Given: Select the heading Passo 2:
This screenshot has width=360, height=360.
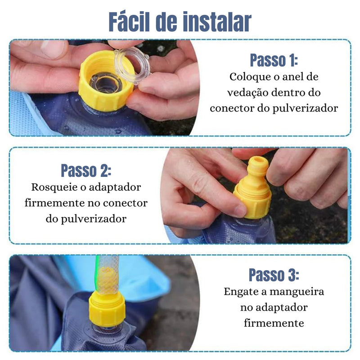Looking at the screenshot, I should pyautogui.click(x=85, y=171).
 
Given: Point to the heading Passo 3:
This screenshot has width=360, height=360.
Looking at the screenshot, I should pyautogui.click(x=274, y=274).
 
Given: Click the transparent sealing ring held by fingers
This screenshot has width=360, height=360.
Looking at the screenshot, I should pyautogui.click(x=132, y=66).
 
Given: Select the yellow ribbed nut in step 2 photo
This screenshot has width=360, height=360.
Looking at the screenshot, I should pyautogui.click(x=253, y=202).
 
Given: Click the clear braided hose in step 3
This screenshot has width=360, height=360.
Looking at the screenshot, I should pyautogui.click(x=108, y=274).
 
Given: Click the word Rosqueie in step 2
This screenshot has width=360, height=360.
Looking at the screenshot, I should pyautogui.click(x=53, y=187).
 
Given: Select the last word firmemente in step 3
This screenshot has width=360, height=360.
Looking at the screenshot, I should pyautogui.click(x=274, y=323).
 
